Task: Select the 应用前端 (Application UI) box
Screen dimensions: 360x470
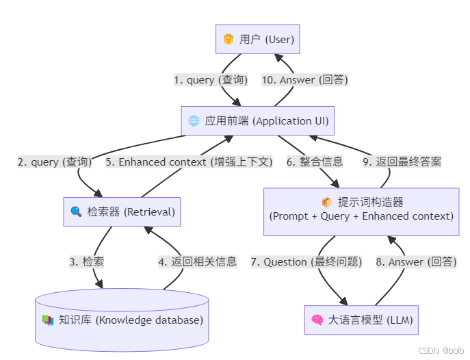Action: tap(258, 121)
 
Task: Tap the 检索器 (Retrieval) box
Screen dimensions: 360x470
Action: tap(122, 211)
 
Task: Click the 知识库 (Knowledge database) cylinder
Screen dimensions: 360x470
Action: tap(122, 320)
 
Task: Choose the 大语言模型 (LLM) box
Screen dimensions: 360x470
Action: tap(361, 320)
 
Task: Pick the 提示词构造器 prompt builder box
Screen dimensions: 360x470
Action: tap(361, 209)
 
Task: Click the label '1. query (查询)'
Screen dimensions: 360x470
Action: tap(211, 80)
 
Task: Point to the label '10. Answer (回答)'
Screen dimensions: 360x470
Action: tap(304, 80)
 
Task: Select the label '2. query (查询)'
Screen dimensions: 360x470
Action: tap(55, 162)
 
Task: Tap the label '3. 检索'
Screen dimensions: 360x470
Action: tap(87, 261)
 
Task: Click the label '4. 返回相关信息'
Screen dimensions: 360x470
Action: tap(197, 261)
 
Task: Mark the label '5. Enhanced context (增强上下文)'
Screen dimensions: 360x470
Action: tap(189, 162)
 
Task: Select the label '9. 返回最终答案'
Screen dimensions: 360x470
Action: tap(402, 162)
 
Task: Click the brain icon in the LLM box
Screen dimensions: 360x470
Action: tap(317, 320)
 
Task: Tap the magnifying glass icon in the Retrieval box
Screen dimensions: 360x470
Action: tap(76, 211)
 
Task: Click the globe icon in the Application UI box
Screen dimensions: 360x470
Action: tap(194, 121)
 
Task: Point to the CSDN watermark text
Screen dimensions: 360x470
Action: tap(442, 350)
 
